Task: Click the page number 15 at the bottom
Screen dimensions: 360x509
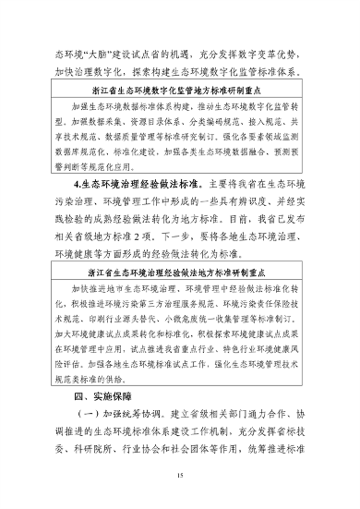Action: coord(180,475)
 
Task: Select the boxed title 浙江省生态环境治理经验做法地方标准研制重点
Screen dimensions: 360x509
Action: coord(180,274)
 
